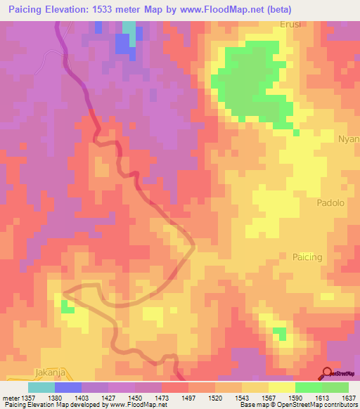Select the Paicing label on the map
tap(307, 257)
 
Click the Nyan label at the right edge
tap(349, 138)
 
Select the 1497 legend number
tap(188, 398)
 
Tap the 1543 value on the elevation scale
tap(241, 398)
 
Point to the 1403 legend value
tap(82, 398)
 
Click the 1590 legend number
tap(295, 398)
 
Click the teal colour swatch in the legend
tap(41, 387)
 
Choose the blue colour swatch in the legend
tap(68, 387)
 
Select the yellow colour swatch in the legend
tap(281, 387)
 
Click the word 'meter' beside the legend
tap(10, 398)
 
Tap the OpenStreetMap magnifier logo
tap(328, 374)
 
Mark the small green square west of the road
tap(67, 306)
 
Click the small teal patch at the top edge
tap(129, 27)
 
